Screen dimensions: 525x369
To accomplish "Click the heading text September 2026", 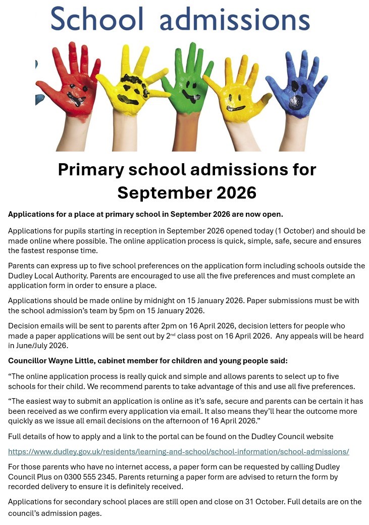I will click(x=187, y=193).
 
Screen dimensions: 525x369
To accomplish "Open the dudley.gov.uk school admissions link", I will click(x=178, y=451).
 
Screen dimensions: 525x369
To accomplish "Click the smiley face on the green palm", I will click(x=190, y=91).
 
